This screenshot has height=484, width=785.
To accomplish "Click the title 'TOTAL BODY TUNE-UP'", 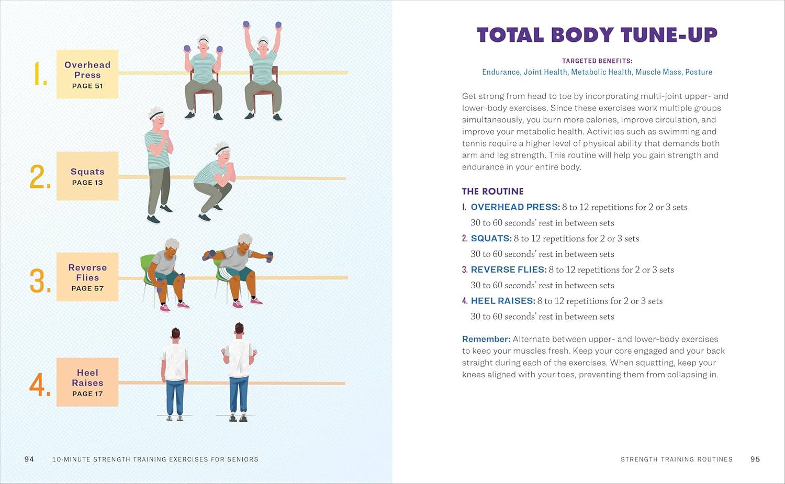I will tap(597, 35).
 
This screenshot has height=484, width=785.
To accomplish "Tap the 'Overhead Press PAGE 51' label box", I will tap(87, 74).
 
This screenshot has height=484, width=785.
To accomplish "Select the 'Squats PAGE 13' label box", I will tap(87, 176).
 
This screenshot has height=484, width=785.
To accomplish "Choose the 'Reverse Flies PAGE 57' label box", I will tap(87, 277).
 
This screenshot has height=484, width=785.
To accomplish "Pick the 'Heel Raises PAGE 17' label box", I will tap(87, 382).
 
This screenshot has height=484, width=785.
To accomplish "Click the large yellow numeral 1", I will tap(40, 74).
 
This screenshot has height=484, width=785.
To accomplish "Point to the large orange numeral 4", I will tap(40, 385).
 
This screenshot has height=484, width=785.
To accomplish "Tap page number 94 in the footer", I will tap(29, 459).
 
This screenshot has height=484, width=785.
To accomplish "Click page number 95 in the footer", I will tap(755, 459).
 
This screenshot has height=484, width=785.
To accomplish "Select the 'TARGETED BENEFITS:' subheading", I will tap(597, 61).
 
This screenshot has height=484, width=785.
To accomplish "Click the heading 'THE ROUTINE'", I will tap(492, 192).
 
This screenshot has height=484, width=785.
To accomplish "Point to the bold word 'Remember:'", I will tap(486, 339).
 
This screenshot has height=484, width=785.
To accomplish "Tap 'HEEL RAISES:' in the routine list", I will tap(503, 301).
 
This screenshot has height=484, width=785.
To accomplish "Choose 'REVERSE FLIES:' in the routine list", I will tap(508, 269).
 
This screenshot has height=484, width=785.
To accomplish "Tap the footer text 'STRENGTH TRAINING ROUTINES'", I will tap(677, 459).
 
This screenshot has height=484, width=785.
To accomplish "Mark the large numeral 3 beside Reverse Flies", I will tap(40, 281).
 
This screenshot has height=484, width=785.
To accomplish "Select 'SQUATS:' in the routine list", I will tap(491, 239).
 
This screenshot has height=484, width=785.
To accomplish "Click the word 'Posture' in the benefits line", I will tap(699, 72).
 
